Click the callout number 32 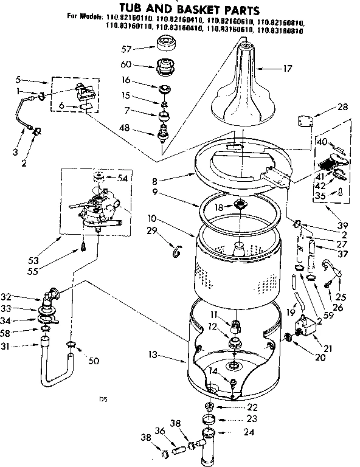pyautogui.click(x=24, y=297)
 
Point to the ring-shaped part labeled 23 pyautogui.click(x=209, y=419)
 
